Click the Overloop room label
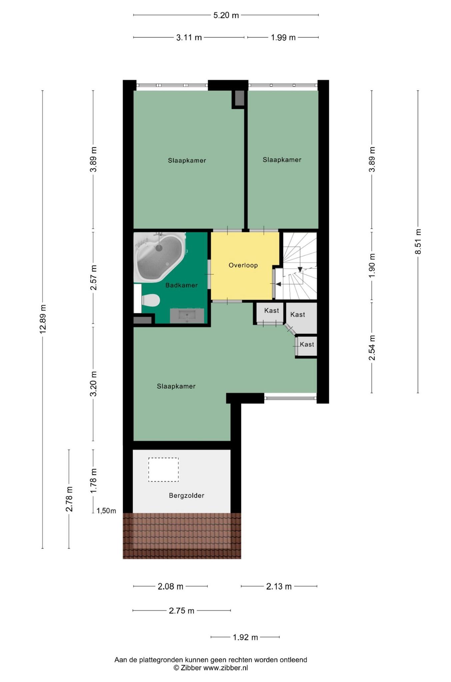243,265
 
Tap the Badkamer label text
181,285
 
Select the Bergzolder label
186,496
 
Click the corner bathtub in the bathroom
160,257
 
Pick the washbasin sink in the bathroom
187,315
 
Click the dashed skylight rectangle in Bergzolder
163,470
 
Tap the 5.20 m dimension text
226,15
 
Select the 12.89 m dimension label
42,319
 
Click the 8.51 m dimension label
418,242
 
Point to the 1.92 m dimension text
245,637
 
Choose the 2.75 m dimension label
181,611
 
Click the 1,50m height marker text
106,511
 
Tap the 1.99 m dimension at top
283,38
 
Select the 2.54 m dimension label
372,348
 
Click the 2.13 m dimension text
279,586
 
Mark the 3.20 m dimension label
93,384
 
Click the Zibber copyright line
211,668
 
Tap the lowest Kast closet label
307,344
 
